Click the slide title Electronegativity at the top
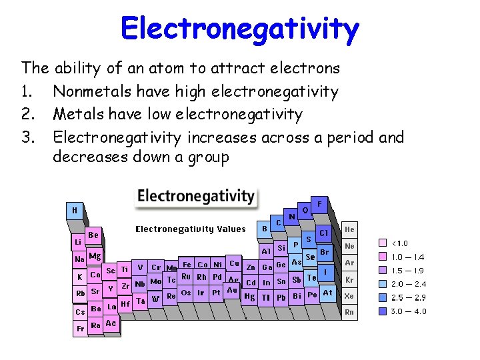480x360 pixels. click(240, 29)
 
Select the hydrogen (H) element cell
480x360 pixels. click(75, 210)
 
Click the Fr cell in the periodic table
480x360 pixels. click(79, 328)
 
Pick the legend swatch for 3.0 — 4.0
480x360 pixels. click(383, 311)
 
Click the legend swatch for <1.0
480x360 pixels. click(383, 243)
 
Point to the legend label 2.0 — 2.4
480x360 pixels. click(408, 284)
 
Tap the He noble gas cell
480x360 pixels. click(349, 229)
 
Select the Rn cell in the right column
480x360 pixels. click(349, 311)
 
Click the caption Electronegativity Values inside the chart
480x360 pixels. click(191, 229)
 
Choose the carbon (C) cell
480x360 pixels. click(278, 222)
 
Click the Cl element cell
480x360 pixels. click(323, 233)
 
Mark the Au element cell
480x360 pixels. click(231, 290)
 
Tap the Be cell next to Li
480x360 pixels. click(93, 235)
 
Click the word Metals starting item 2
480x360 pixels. click(75, 115)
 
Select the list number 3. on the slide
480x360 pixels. click(28, 138)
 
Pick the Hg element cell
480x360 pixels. click(249, 296)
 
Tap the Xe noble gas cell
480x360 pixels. click(349, 295)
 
